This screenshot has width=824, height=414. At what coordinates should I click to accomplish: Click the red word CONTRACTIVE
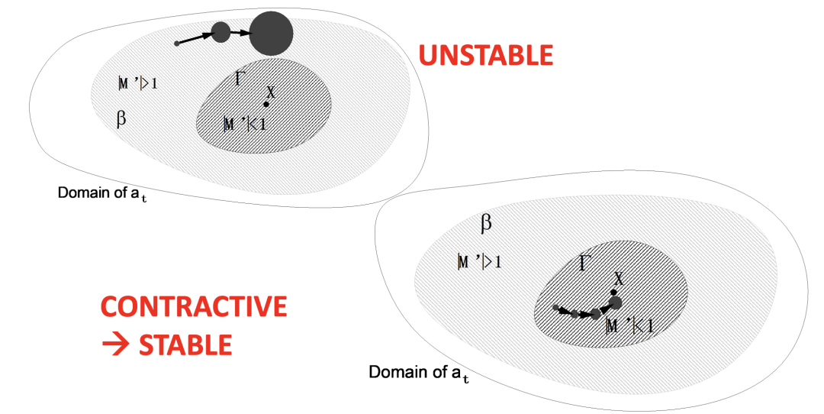[194, 306]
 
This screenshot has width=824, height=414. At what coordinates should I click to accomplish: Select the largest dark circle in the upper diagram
[271, 33]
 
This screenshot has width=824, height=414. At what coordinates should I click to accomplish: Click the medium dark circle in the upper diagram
[220, 32]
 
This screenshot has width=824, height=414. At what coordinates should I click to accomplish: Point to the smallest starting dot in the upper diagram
[177, 43]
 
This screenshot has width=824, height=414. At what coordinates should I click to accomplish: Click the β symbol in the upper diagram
[121, 120]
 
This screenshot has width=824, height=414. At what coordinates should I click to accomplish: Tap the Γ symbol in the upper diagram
[239, 78]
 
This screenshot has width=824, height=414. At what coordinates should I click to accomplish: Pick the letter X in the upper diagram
[269, 90]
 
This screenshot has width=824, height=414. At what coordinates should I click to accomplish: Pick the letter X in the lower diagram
[619, 279]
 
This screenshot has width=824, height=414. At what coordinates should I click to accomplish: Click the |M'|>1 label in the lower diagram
[479, 263]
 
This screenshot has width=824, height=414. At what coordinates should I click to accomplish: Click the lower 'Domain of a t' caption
[415, 374]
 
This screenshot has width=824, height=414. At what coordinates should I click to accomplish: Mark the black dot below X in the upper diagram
[266, 104]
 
